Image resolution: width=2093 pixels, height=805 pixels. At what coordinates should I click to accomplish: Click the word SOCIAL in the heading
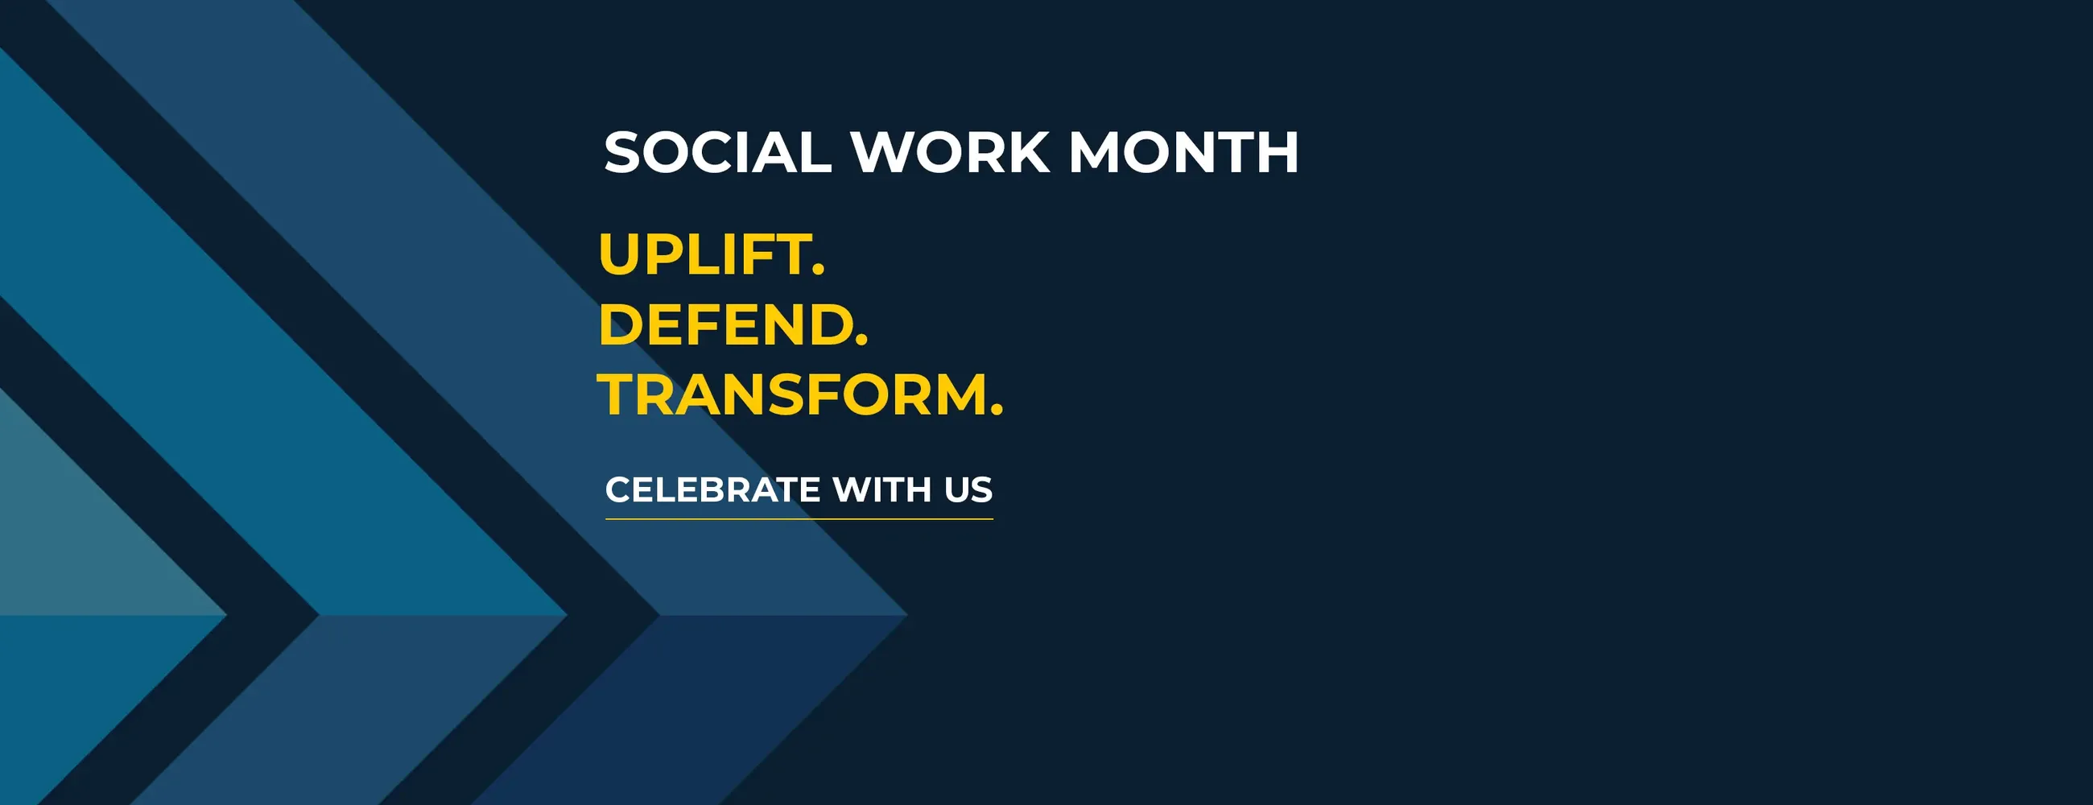pos(717,152)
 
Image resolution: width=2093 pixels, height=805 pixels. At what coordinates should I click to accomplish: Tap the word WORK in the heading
pos(950,152)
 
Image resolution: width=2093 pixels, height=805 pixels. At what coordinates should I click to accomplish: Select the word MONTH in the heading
pos(1184,152)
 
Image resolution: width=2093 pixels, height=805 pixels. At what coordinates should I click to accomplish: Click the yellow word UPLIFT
pos(704,254)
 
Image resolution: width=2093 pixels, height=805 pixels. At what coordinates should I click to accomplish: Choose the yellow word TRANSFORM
pos(791,394)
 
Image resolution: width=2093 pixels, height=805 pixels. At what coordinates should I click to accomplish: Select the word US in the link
pos(968,489)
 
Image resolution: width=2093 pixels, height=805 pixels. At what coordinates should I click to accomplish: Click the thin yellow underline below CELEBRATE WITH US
pos(799,518)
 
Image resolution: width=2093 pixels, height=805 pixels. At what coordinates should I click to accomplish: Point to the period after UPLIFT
pos(818,270)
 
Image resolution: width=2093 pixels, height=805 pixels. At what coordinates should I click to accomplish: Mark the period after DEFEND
pos(862,341)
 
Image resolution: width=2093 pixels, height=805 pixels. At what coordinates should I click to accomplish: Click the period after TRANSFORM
pos(997,411)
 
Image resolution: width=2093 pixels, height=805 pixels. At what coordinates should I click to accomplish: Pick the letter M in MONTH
pos(1094,152)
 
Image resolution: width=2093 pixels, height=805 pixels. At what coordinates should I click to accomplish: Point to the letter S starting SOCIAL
pos(623,152)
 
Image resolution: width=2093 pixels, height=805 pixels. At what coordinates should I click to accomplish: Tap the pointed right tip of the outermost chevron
pos(906,615)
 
